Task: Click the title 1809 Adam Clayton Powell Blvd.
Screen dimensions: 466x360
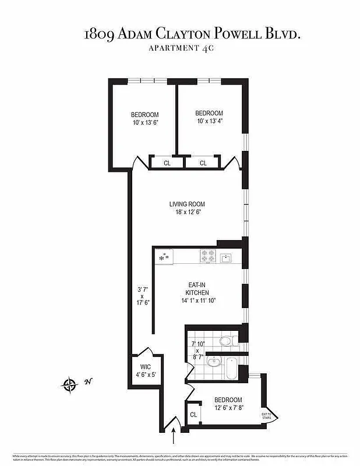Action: pos(192,34)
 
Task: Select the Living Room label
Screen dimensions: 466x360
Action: pos(187,204)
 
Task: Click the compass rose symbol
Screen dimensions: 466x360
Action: pos(70,384)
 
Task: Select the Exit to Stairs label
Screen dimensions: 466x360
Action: pos(267,415)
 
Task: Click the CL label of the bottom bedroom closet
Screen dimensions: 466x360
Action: pos(192,415)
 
